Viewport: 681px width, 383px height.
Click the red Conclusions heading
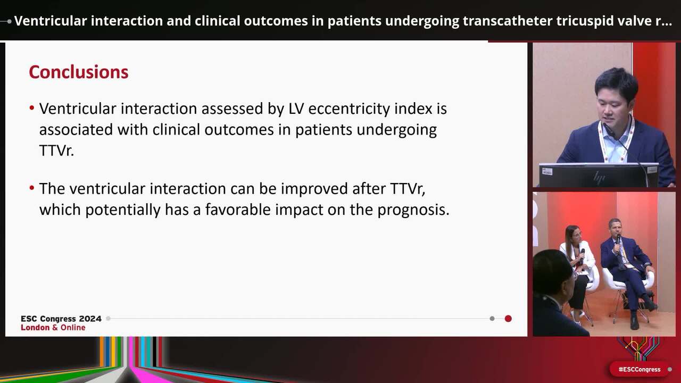(x=79, y=72)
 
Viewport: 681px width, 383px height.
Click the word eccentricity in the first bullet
(x=349, y=109)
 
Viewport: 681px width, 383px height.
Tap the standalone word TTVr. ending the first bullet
(x=56, y=150)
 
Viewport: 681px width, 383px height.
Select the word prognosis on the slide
(x=413, y=210)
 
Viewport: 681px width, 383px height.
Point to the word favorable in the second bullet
(x=238, y=210)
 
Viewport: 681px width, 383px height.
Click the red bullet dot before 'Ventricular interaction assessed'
(x=32, y=107)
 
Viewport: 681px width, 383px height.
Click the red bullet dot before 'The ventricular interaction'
(x=32, y=188)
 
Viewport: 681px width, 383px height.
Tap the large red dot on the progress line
(x=508, y=319)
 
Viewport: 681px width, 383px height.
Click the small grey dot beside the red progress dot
(x=492, y=319)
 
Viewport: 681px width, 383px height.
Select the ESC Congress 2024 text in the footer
(x=61, y=319)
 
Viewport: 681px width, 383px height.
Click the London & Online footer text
(x=53, y=327)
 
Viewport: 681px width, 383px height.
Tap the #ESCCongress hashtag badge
(x=640, y=369)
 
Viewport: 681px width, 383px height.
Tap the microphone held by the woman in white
(x=582, y=254)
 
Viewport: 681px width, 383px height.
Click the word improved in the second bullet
(x=314, y=189)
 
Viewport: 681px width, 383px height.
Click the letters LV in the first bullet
(x=296, y=109)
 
